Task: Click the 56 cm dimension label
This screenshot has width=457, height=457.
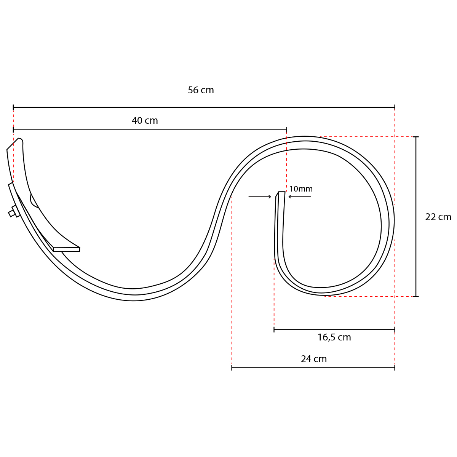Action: (x=201, y=90)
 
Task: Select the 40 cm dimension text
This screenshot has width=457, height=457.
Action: (x=145, y=121)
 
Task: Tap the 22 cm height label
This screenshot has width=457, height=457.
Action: (x=438, y=217)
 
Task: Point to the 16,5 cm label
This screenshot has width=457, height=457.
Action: (x=334, y=337)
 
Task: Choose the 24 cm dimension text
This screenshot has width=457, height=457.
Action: (x=314, y=359)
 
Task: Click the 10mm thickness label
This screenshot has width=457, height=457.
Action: (x=301, y=189)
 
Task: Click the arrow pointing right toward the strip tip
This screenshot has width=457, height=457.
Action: (x=260, y=197)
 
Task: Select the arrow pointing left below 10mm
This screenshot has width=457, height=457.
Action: (x=300, y=197)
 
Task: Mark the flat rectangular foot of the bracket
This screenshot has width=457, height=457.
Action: (x=67, y=249)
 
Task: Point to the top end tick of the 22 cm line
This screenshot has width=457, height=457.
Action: (x=416, y=137)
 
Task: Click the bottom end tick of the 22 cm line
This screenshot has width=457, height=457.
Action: (x=416, y=296)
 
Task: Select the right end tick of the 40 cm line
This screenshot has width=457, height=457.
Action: (x=287, y=130)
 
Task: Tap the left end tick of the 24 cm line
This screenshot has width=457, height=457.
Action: (x=232, y=368)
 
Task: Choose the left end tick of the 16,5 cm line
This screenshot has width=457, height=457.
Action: (x=274, y=329)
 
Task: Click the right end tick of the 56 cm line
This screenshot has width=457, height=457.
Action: (x=395, y=107)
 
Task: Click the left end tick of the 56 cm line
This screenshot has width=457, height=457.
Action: (x=13, y=107)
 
